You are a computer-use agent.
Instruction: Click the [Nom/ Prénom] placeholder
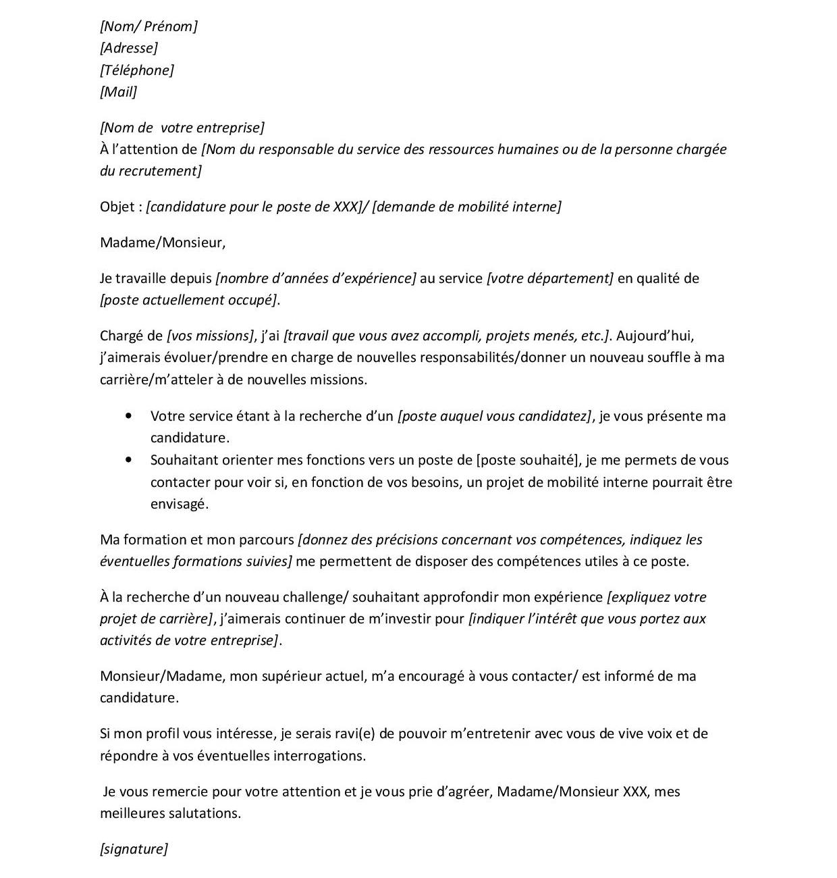[x=148, y=26]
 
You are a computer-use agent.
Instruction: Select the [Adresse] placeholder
[x=129, y=48]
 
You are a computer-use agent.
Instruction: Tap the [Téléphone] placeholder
[x=137, y=70]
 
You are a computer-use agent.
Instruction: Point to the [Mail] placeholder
[x=118, y=92]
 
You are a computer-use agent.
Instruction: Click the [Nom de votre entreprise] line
[x=182, y=128]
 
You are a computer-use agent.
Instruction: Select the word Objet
[x=117, y=207]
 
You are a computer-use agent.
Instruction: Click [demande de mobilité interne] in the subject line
[x=466, y=207]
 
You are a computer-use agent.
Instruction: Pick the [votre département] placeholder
[x=550, y=278]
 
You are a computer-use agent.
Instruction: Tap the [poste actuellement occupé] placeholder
[x=188, y=300]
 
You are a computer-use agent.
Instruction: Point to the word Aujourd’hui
[x=655, y=336]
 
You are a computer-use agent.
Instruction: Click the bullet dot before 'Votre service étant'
[x=129, y=416]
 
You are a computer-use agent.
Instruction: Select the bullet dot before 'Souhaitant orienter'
[x=129, y=460]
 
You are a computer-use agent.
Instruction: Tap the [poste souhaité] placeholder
[x=529, y=460]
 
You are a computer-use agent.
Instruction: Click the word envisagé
[x=179, y=504]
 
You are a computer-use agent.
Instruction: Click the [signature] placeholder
[x=134, y=849]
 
